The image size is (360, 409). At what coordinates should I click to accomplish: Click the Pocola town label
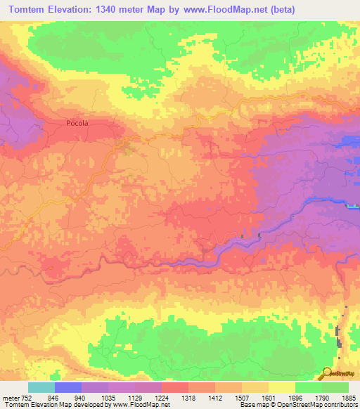(77, 123)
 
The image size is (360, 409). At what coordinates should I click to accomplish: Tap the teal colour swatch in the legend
(41, 387)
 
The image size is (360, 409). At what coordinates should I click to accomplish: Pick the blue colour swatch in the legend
(68, 387)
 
